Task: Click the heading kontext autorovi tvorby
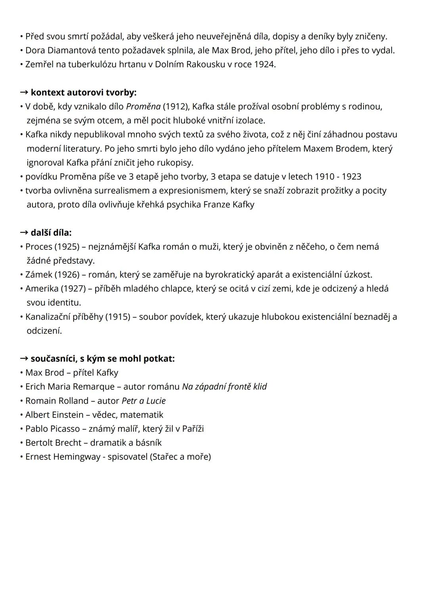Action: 83,92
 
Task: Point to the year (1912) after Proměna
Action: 175,106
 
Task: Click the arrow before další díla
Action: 24,232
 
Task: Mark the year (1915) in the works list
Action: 118,316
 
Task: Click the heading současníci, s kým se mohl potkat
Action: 102,358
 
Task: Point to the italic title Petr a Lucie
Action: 143,400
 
